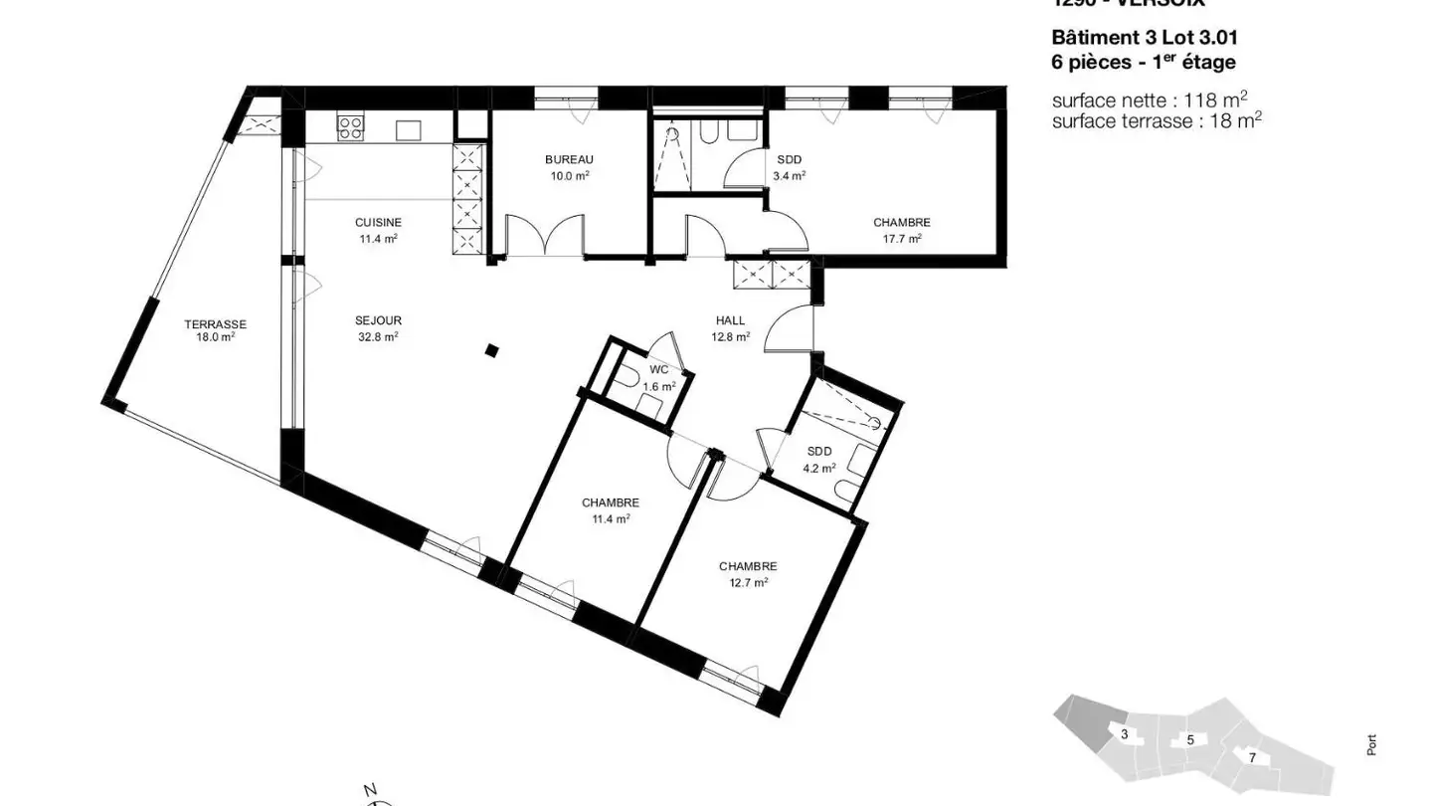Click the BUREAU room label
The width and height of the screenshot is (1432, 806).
[x=569, y=159]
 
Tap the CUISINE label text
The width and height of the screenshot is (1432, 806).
[x=378, y=222]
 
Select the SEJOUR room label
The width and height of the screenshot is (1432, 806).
[x=378, y=320]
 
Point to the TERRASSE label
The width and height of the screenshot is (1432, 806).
[x=215, y=324]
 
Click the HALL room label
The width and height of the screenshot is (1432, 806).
[x=730, y=320]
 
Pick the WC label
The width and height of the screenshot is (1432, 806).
[x=658, y=370]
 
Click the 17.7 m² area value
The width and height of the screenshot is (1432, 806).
[x=901, y=239]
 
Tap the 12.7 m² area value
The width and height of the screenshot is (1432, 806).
[x=748, y=583]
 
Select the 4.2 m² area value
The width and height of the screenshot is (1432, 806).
[x=819, y=467]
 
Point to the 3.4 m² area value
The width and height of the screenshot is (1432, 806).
[x=789, y=175]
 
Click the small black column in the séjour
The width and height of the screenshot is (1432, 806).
[x=491, y=349]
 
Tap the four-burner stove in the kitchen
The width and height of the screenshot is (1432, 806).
[x=350, y=126]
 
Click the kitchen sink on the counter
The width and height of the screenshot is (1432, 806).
[x=409, y=129]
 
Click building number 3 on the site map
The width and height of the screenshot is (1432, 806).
[x=1124, y=734]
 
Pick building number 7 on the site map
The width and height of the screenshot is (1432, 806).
[x=1252, y=757]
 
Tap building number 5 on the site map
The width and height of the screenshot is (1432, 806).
[x=1189, y=739]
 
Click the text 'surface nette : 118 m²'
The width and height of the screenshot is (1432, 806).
[x=1150, y=101]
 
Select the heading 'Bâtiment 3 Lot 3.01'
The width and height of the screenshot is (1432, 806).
[x=1145, y=38]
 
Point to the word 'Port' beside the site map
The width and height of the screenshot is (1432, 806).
[x=1371, y=744]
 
